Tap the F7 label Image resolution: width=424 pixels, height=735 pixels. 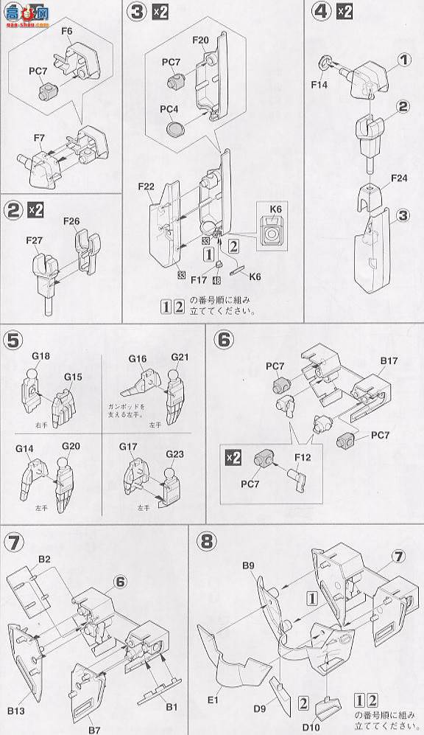click(39, 138)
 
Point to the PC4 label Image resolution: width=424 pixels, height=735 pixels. click(171, 108)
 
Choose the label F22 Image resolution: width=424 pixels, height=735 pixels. click(144, 187)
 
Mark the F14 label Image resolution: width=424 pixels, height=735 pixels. click(320, 84)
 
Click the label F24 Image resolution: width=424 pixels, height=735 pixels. click(400, 178)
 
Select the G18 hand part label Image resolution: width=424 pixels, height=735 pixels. click(40, 357)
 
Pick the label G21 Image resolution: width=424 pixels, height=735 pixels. click(180, 358)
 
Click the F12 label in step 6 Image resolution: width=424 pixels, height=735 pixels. click(303, 458)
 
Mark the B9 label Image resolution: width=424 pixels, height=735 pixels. click(247, 566)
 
